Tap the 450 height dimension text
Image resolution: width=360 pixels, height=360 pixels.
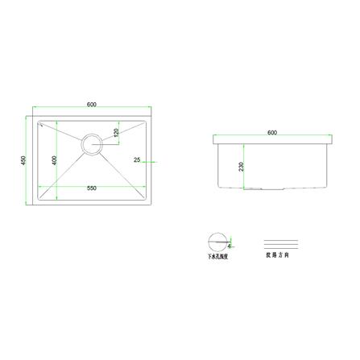(24, 160)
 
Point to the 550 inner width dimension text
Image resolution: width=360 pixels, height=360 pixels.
(92, 187)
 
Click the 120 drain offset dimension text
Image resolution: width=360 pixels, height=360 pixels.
(116, 132)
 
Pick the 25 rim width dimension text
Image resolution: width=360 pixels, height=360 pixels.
(137, 160)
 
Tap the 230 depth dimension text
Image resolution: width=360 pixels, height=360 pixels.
(240, 167)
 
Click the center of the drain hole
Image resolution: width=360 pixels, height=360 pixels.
(92, 145)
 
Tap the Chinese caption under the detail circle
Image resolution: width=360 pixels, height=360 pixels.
(218, 256)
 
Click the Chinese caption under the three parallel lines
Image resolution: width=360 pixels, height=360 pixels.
(282, 256)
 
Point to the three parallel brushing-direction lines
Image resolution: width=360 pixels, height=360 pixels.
(282, 242)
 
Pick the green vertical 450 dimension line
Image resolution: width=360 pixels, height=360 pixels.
(31, 160)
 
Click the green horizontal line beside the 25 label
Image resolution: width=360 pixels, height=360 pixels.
(147, 160)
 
